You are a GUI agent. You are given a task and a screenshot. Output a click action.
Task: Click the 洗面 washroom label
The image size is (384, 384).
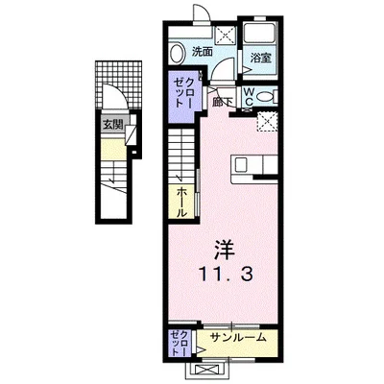[201, 51]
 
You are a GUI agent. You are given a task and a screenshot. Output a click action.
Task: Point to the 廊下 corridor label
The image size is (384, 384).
[224, 99]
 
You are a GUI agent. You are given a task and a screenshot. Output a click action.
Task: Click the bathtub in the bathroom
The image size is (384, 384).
[259, 35]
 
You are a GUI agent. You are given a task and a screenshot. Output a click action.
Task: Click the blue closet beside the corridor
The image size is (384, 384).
[181, 96]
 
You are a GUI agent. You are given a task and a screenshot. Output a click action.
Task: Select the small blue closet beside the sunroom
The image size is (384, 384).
[179, 341]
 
